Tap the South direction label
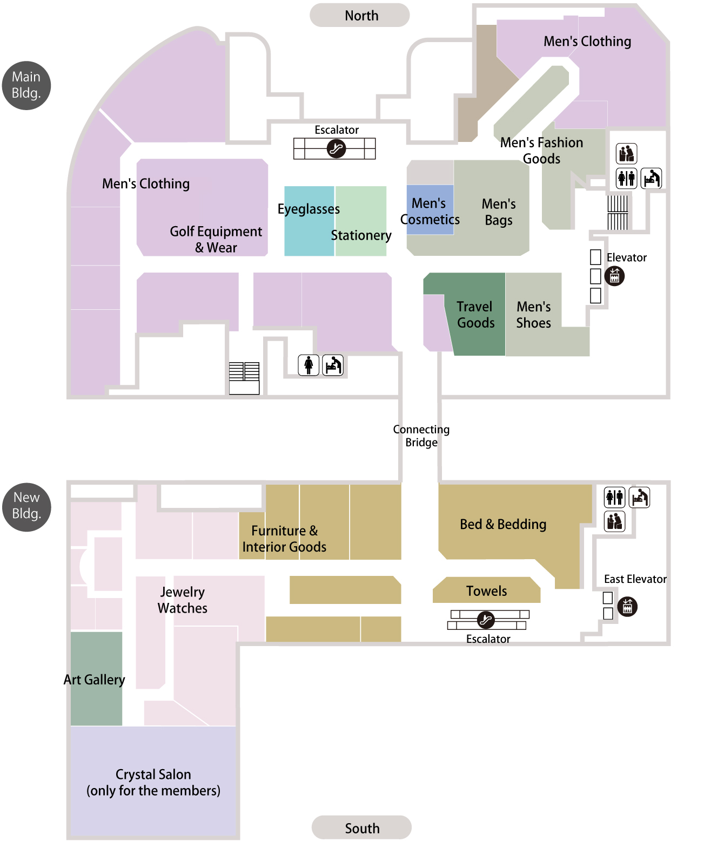[361, 827]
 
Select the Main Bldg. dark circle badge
[26, 85]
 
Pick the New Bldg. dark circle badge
[26, 507]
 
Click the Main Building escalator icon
[336, 148]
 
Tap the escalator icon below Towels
[486, 620]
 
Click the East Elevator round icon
[627, 607]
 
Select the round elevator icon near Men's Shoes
[614, 276]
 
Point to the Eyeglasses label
[309, 209]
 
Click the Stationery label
[361, 235]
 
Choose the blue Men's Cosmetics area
[430, 209]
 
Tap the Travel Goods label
[475, 315]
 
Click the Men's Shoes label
[533, 315]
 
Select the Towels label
[486, 590]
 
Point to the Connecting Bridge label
[421, 436]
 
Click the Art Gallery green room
[96, 678]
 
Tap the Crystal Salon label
[153, 782]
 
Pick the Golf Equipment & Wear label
[216, 239]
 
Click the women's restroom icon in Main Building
[309, 364]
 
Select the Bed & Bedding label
[503, 524]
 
